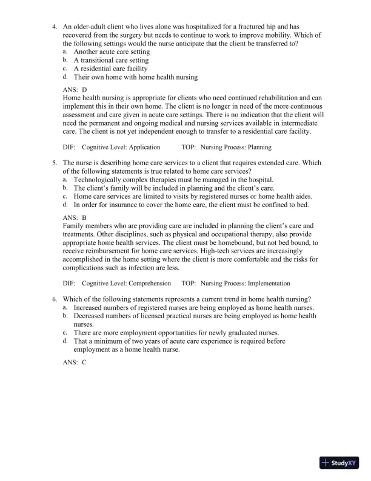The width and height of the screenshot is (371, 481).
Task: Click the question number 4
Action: (55, 27)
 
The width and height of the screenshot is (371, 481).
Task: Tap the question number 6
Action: (55, 299)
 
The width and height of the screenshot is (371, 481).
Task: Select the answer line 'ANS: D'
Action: (75, 89)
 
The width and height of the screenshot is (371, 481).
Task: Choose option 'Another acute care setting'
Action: (112, 52)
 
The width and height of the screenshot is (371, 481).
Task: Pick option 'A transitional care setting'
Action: (111, 61)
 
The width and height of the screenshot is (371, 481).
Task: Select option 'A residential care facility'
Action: (110, 69)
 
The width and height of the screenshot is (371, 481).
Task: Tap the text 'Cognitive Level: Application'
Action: (121, 147)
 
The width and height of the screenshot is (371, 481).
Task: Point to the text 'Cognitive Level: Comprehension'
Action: (127, 283)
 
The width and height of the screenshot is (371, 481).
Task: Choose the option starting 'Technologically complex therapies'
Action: (173, 180)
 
